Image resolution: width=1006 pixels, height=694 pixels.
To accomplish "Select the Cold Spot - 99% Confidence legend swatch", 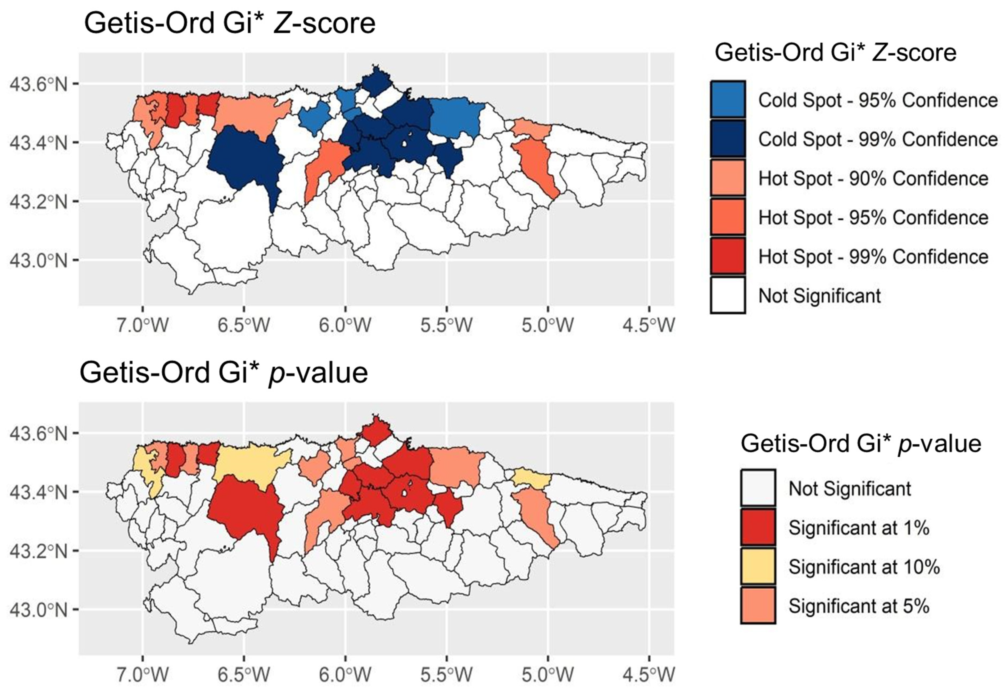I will [x=728, y=139].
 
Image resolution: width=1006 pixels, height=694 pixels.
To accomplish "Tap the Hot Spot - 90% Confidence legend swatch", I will [x=728, y=178].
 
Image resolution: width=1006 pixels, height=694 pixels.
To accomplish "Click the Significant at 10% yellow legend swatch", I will [x=758, y=567].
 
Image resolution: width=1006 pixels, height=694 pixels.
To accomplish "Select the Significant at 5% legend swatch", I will [x=758, y=606].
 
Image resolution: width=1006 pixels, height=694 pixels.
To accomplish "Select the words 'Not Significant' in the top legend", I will [x=819, y=296].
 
